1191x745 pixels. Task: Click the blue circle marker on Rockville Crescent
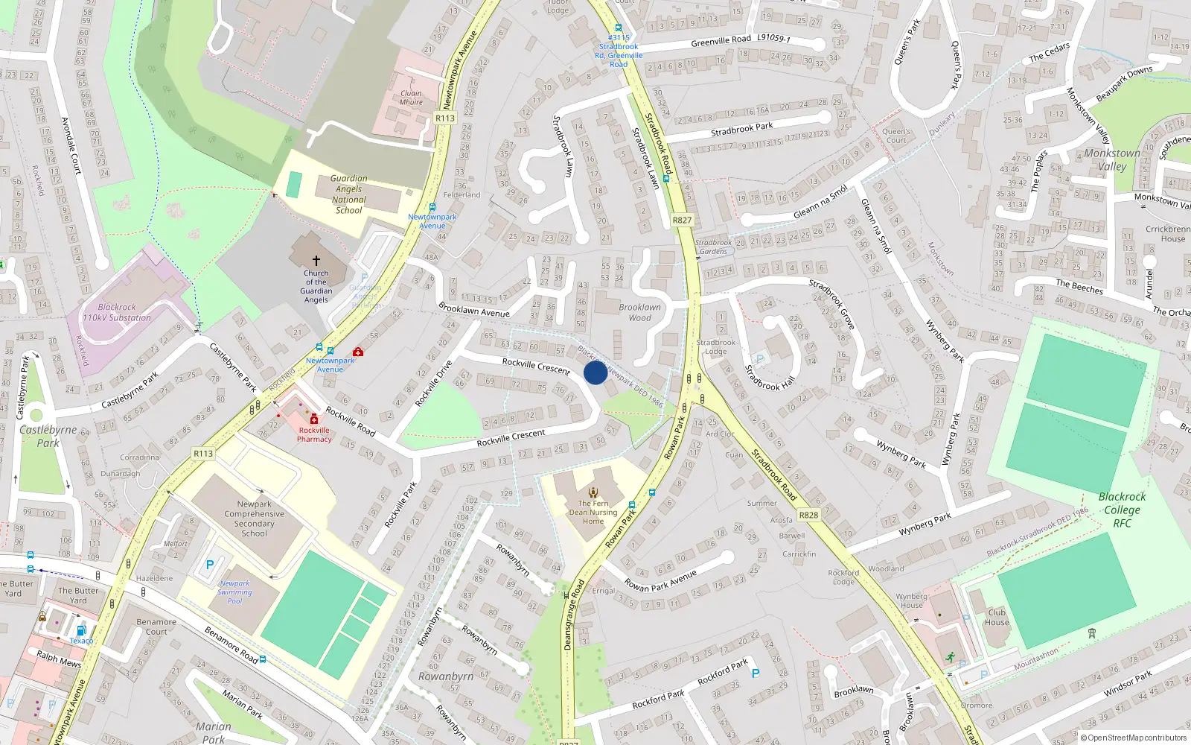pyautogui.click(x=595, y=372)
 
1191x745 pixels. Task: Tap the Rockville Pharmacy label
pyautogui.click(x=314, y=434)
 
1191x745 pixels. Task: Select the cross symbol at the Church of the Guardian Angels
pyautogui.click(x=316, y=261)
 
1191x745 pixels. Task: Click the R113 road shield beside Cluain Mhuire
pyautogui.click(x=445, y=118)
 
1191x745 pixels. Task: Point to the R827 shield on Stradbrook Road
pyautogui.click(x=682, y=220)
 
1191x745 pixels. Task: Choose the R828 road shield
pyautogui.click(x=808, y=515)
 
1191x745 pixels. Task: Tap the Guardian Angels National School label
pyautogui.click(x=348, y=194)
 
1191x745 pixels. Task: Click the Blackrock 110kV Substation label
pyautogui.click(x=117, y=312)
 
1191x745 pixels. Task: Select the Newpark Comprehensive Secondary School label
pyautogui.click(x=254, y=519)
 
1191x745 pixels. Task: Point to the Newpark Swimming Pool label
pyautogui.click(x=234, y=592)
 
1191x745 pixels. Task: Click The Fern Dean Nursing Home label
pyautogui.click(x=593, y=512)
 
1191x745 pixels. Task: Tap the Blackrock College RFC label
pyautogui.click(x=1122, y=510)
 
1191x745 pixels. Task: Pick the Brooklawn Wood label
pyautogui.click(x=639, y=312)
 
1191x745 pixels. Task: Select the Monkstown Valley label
pyautogui.click(x=1111, y=159)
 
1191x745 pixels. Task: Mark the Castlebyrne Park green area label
pyautogui.click(x=48, y=436)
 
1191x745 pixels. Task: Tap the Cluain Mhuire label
pyautogui.click(x=411, y=98)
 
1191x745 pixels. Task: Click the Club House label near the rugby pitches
pyautogui.click(x=997, y=617)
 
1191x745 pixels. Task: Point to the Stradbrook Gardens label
pyautogui.click(x=713, y=247)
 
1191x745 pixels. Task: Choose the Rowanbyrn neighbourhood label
pyautogui.click(x=446, y=676)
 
